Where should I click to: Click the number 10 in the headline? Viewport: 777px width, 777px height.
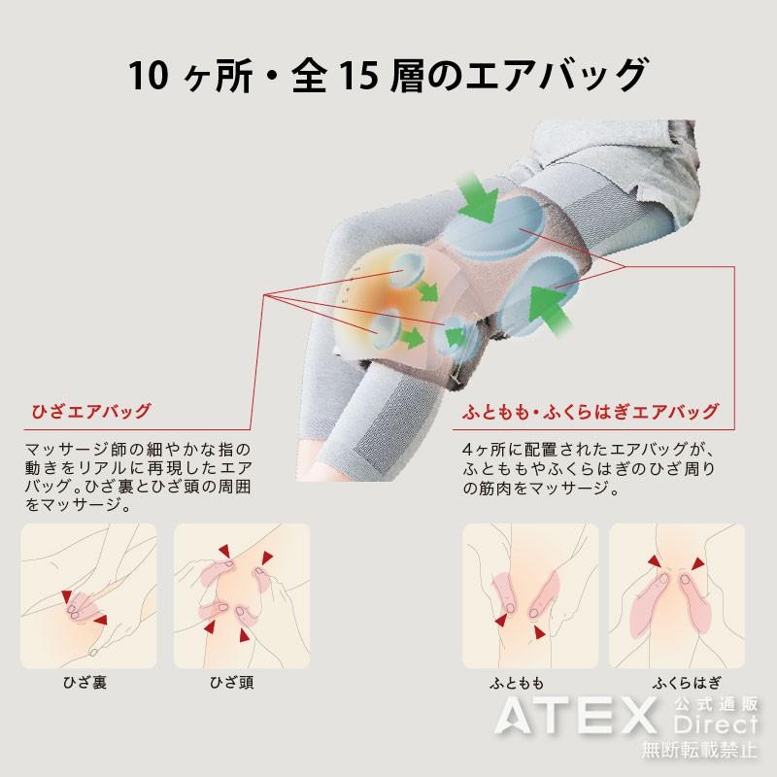click(151, 75)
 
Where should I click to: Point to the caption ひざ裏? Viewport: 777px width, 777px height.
click(85, 682)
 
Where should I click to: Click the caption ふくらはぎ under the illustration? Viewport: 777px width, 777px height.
click(677, 682)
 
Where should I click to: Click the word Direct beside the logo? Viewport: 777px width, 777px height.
click(714, 727)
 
